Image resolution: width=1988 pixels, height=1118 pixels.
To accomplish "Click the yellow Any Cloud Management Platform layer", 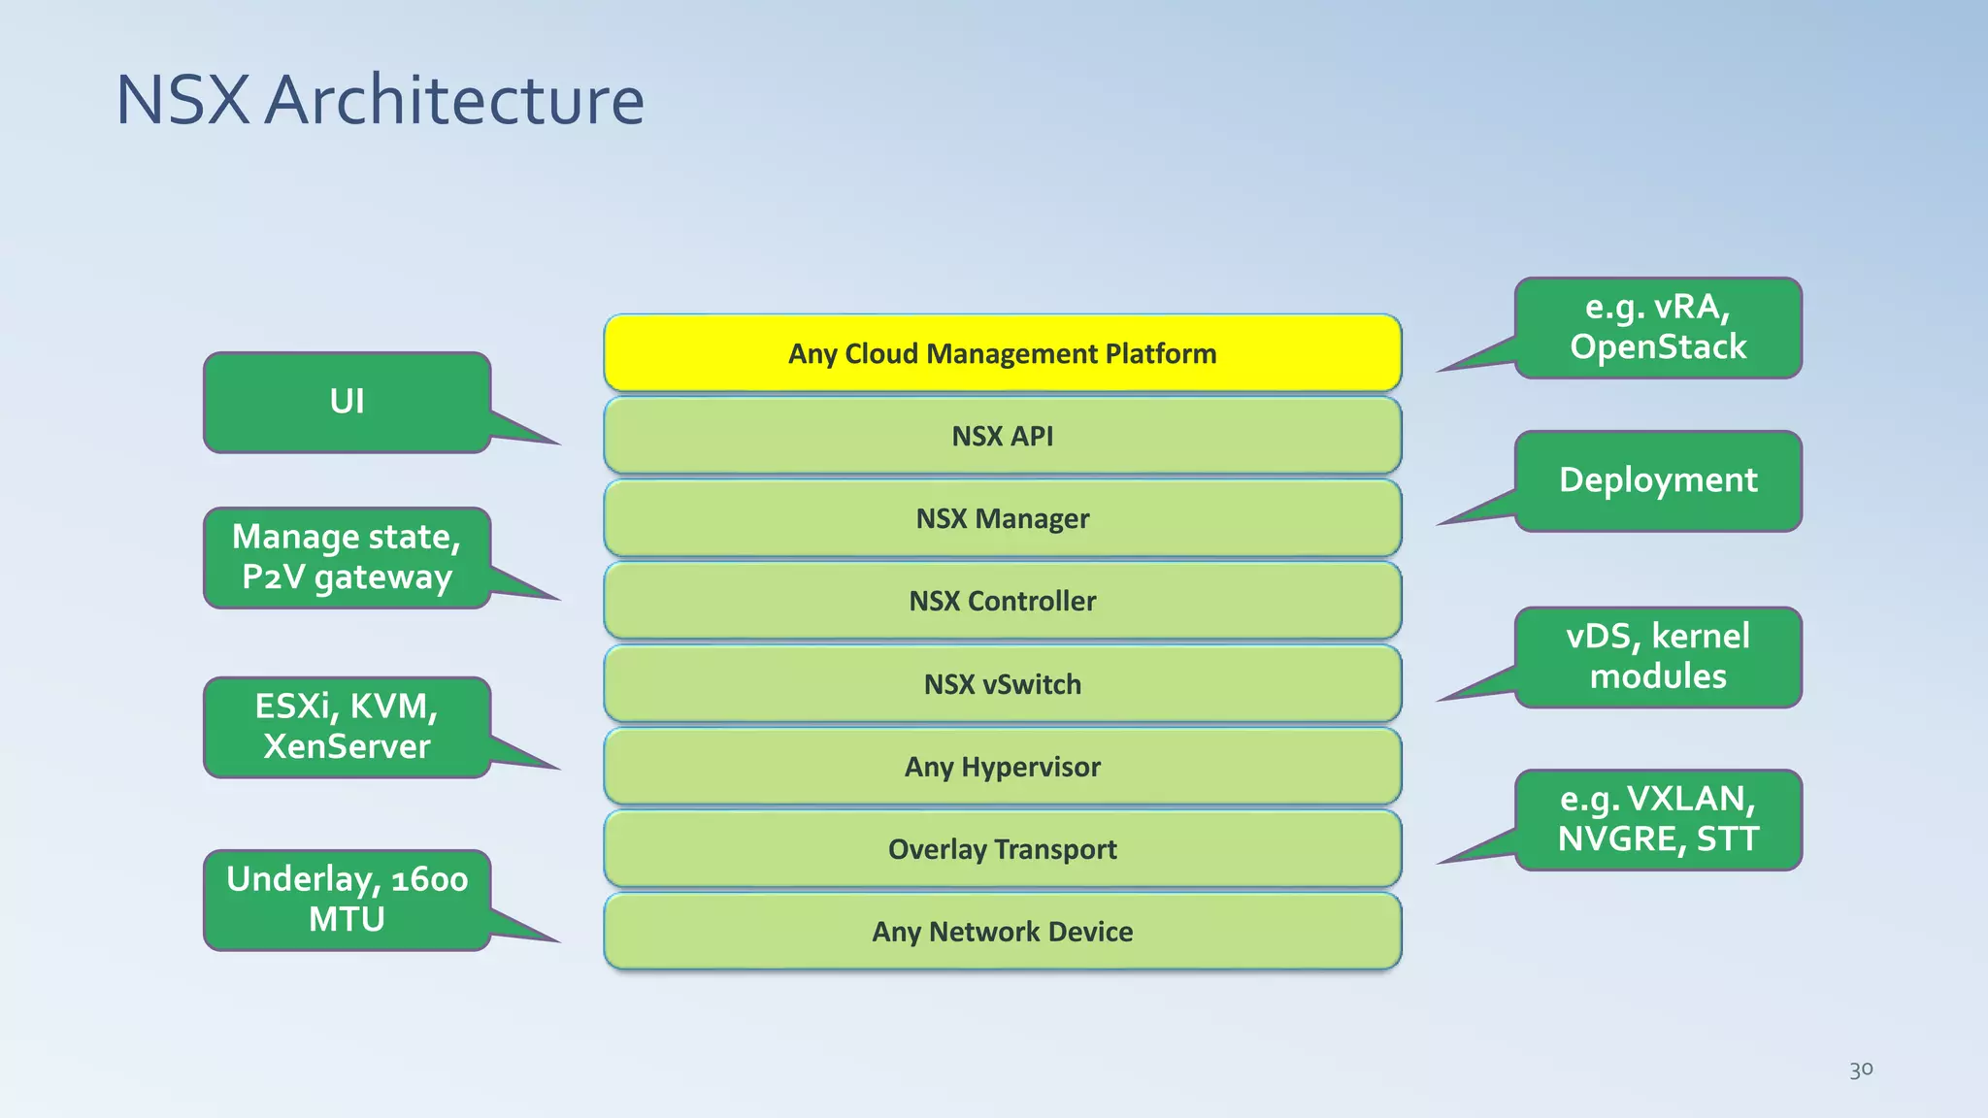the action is click(x=1002, y=353).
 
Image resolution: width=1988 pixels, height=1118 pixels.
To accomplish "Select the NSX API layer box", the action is click(x=1002, y=436).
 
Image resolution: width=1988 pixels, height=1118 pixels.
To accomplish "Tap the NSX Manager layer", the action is click(x=1002, y=518).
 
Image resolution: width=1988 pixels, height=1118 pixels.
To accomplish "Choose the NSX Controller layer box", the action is click(x=1002, y=601).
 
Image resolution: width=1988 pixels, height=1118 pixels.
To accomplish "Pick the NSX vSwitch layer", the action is click(x=1002, y=684).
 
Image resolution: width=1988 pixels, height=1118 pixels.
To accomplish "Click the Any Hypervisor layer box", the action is click(x=1002, y=767).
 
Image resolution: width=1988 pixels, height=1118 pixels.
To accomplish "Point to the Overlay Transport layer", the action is click(x=1002, y=849).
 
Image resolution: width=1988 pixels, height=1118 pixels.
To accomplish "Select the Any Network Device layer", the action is click(x=1002, y=932).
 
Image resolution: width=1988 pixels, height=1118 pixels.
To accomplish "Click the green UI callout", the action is click(x=347, y=402).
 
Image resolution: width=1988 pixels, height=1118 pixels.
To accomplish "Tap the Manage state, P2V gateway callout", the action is click(x=347, y=557).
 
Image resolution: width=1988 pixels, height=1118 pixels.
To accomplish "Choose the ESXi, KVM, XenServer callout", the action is click(x=347, y=726).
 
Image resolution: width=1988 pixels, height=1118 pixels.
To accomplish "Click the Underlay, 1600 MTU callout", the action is click(x=347, y=899).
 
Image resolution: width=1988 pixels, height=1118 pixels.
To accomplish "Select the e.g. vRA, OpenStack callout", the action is click(x=1658, y=327).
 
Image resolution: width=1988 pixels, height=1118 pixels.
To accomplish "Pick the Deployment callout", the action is click(x=1658, y=480).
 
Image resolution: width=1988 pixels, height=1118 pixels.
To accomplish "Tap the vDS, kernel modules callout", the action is click(x=1658, y=656).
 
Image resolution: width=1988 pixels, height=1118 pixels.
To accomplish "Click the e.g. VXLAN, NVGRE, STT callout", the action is click(x=1658, y=819).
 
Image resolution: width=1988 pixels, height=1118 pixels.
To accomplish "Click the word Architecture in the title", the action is click(x=453, y=100).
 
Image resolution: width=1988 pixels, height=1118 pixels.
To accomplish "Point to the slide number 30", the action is click(x=1860, y=1069).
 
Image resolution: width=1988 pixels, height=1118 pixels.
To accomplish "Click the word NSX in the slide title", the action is click(x=182, y=100).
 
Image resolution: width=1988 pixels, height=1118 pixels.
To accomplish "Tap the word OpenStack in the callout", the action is click(x=1658, y=347).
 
